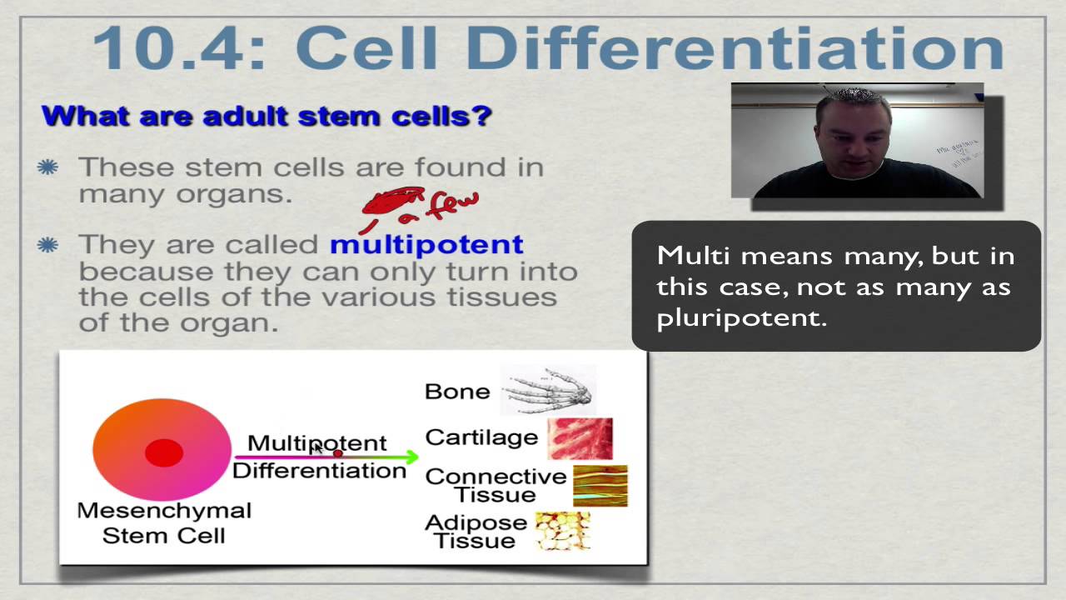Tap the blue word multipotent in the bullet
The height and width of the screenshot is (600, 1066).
click(427, 246)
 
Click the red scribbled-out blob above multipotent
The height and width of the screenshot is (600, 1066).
click(392, 201)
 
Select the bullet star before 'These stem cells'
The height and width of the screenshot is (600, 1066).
click(47, 167)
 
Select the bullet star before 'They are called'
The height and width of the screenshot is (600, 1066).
click(47, 245)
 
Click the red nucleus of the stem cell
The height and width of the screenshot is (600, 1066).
click(164, 452)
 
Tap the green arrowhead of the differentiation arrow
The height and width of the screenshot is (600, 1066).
click(411, 457)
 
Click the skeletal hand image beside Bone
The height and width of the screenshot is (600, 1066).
click(548, 390)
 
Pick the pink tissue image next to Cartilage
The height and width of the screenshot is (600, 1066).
click(580, 438)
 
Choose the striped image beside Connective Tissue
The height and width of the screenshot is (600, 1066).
click(600, 486)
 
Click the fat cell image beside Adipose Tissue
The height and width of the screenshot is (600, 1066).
click(563, 531)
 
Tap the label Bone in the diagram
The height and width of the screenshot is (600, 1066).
click(457, 392)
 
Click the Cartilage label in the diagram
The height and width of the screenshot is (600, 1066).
click(481, 438)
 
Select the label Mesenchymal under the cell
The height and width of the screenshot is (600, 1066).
click(164, 511)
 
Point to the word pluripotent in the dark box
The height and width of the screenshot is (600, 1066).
click(741, 318)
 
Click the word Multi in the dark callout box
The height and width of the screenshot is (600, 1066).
click(693, 256)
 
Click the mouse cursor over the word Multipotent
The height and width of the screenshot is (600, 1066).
click(318, 447)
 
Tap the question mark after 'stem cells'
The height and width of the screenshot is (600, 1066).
click(484, 116)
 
